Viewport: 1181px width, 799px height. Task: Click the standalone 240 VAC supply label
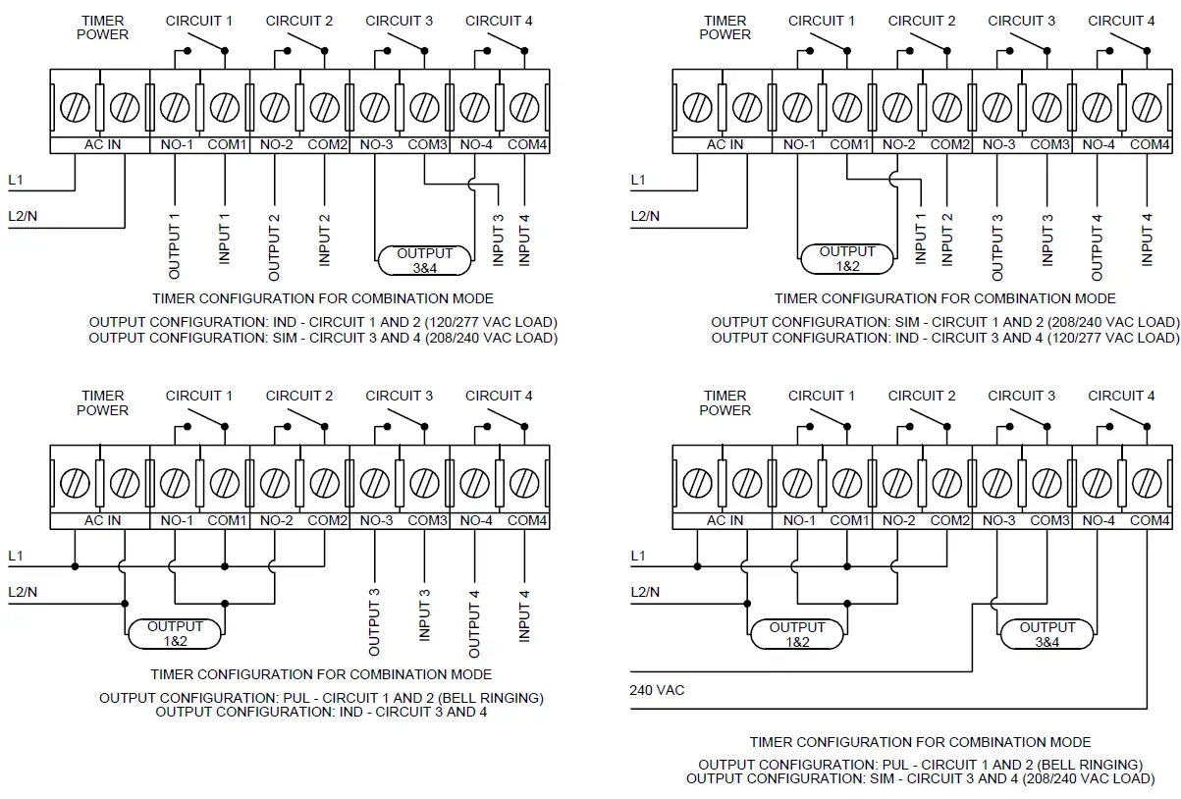(657, 690)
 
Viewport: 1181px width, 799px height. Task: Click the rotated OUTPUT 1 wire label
(175, 240)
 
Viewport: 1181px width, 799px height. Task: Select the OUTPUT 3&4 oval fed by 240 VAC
(1047, 634)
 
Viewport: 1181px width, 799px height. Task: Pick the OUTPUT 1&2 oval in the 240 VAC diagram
(797, 634)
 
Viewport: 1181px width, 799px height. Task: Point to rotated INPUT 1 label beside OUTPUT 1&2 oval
(921, 240)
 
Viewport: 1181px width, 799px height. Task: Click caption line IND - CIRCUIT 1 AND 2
(323, 322)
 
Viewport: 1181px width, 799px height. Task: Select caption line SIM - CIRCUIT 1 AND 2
(944, 322)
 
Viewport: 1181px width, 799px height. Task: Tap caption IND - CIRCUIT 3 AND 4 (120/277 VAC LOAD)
(944, 338)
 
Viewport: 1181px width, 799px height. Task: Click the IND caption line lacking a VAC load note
(321, 712)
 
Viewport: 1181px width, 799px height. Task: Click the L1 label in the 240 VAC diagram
(638, 556)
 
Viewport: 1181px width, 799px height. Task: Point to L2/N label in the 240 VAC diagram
(645, 592)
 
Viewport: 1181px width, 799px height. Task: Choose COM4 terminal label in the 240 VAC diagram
(1149, 521)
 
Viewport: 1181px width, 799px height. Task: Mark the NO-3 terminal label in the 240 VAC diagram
(998, 521)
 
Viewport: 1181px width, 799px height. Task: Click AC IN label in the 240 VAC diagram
(725, 521)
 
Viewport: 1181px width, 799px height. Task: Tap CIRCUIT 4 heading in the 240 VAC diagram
(1121, 396)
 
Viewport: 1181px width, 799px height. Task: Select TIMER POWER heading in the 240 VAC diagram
(725, 402)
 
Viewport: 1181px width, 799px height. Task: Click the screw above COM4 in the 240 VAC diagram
(1147, 482)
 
